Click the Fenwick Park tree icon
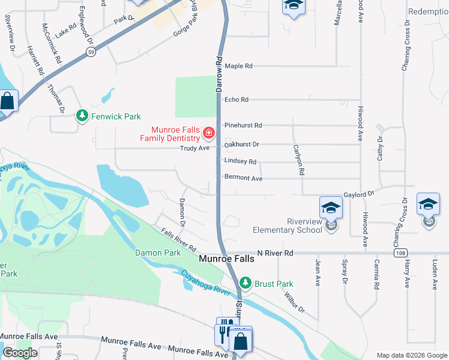click(82, 116)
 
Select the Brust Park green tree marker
click(245, 283)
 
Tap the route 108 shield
click(400, 254)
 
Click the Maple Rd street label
click(239, 66)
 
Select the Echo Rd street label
click(236, 100)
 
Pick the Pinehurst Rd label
click(243, 125)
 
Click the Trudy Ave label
click(195, 148)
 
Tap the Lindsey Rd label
click(240, 161)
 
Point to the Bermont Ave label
click(243, 178)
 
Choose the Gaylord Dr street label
click(359, 194)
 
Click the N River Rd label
click(274, 254)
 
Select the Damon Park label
click(157, 253)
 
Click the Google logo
click(20, 353)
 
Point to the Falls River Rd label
click(179, 239)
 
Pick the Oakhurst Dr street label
click(241, 145)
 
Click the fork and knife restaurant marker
click(223, 330)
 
